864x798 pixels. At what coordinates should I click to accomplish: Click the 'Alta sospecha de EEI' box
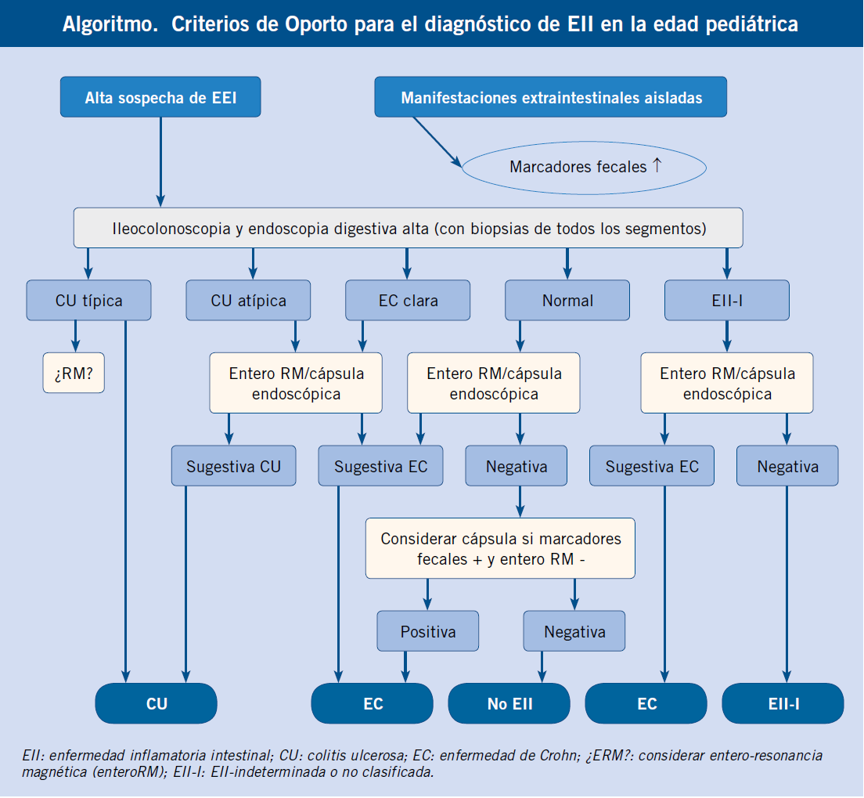click(160, 97)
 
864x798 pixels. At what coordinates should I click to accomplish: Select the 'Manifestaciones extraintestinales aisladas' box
click(550, 97)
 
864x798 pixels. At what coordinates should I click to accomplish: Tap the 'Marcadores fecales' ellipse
click(584, 167)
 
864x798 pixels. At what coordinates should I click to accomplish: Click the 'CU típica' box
click(88, 301)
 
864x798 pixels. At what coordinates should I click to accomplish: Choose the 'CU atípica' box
click(249, 301)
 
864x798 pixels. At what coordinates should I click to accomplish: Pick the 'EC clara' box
click(408, 301)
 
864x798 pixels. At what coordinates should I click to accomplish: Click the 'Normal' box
click(567, 301)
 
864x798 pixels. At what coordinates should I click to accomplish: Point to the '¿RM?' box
click(74, 374)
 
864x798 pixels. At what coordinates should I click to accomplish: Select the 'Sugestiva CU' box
click(234, 466)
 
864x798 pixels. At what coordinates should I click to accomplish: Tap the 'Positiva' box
click(428, 631)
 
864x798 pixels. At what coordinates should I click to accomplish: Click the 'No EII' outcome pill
click(509, 704)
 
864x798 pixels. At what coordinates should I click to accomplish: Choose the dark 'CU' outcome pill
click(157, 704)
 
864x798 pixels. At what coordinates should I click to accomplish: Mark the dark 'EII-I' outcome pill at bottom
click(783, 704)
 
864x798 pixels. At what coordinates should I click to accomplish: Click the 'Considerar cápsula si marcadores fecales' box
click(500, 548)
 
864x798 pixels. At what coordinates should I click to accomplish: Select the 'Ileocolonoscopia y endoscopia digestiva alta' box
click(409, 228)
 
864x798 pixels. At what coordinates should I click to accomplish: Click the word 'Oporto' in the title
click(316, 24)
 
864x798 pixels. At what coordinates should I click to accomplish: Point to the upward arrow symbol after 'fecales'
click(657, 165)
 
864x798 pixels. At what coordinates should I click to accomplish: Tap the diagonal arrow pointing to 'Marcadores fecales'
click(437, 142)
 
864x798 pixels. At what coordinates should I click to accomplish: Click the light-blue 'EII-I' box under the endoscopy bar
click(727, 301)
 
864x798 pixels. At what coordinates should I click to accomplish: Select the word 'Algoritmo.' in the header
click(110, 25)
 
